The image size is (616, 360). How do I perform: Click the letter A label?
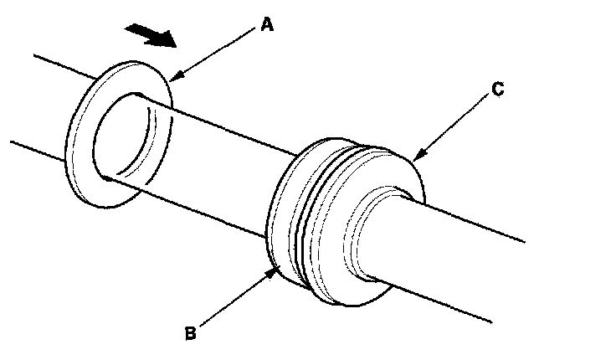(266, 26)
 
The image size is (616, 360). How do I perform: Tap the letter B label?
(191, 332)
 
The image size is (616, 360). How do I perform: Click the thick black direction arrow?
(150, 36)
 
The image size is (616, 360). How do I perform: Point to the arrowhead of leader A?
(173, 78)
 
